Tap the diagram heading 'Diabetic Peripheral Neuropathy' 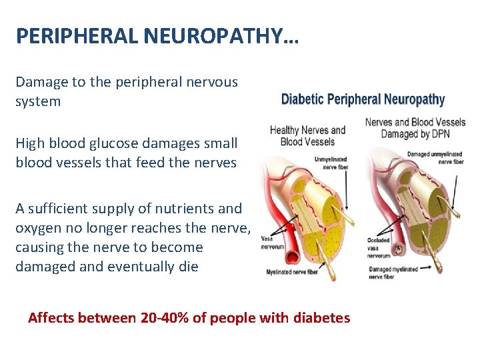pos(363,100)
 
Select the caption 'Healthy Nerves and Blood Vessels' pos(307,135)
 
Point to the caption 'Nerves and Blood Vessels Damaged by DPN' pos(415,127)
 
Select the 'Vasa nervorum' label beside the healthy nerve pos(274,242)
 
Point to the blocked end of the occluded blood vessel pos(399,251)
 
